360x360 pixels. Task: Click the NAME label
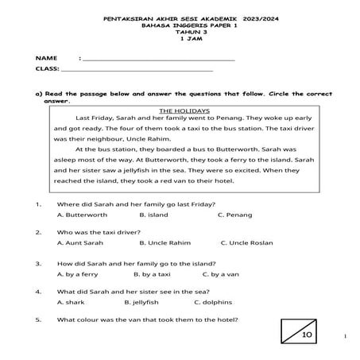(46, 59)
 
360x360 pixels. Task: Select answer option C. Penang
(234, 215)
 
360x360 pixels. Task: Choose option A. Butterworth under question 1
(82, 215)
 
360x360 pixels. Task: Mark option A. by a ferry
(78, 273)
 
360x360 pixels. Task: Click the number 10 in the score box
(307, 337)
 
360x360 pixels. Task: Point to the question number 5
(38, 320)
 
